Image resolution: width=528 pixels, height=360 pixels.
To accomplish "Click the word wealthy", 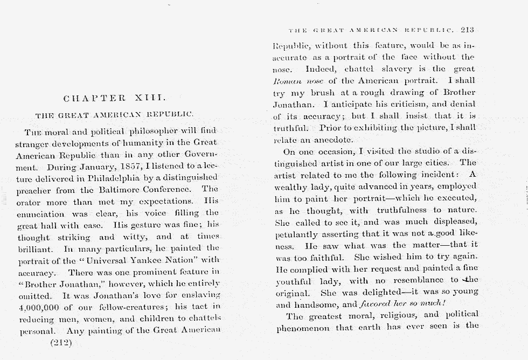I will pos(290,186).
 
